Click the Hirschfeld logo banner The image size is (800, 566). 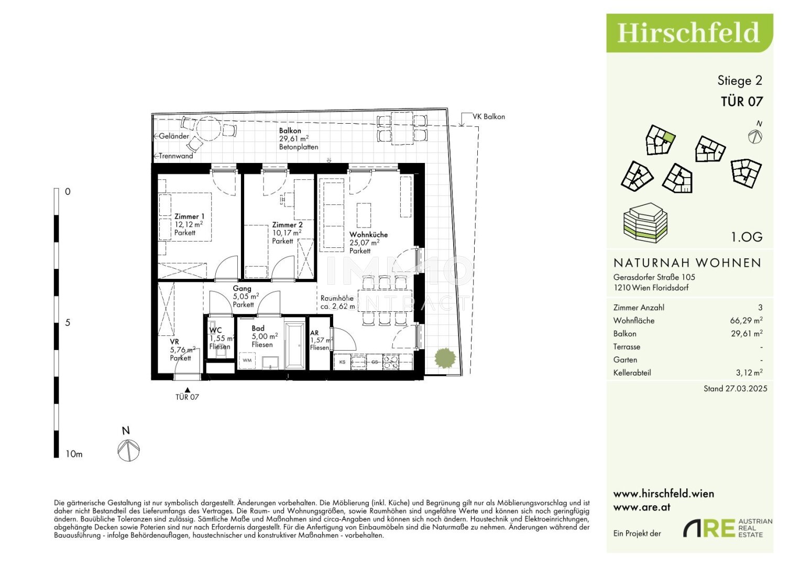tap(688, 33)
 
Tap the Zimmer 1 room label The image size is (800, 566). tap(189, 216)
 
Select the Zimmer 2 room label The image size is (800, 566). tap(287, 225)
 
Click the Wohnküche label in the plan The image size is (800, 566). tap(368, 234)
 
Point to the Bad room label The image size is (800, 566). tap(258, 328)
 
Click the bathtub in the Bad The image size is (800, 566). tap(294, 344)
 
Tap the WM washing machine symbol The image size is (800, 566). tap(247, 361)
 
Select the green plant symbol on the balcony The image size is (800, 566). tap(445, 358)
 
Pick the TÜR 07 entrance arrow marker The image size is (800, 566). tap(188, 389)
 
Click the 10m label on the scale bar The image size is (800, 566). tap(74, 454)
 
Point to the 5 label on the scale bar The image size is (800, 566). tap(68, 323)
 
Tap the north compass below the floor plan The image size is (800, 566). tap(128, 450)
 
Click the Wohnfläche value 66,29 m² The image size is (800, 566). tap(747, 321)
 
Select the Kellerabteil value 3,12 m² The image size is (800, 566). tap(749, 373)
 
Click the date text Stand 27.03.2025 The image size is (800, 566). tap(735, 389)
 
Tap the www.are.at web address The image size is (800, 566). tap(642, 507)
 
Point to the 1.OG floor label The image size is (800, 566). tap(747, 237)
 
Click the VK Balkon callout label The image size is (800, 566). tap(488, 117)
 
